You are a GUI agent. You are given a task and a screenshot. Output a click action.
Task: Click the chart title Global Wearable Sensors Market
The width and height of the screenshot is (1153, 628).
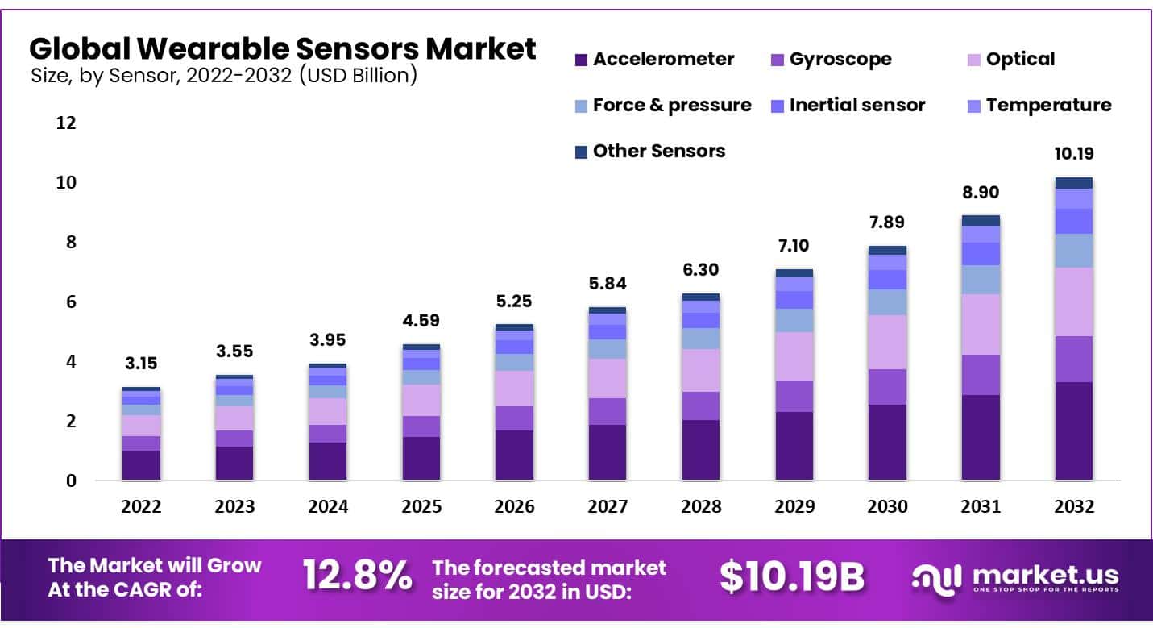point(282,49)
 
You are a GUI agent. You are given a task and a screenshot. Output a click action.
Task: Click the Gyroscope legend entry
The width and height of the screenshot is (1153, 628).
point(830,60)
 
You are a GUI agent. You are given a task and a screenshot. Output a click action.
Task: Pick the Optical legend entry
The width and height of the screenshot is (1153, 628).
point(1010,60)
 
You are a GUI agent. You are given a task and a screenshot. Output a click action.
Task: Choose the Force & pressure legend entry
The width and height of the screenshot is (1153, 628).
point(662,106)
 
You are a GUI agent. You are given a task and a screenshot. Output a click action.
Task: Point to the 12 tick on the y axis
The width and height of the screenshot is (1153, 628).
point(66,123)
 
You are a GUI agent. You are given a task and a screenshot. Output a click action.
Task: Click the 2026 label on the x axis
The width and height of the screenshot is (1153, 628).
point(515,507)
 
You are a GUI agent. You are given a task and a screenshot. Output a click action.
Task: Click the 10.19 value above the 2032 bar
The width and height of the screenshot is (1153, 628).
point(1074,154)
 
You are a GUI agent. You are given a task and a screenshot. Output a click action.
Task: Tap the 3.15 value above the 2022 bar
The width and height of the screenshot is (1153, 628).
point(141,364)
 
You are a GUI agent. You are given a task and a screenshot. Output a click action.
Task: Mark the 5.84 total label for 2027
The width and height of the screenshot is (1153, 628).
point(608,284)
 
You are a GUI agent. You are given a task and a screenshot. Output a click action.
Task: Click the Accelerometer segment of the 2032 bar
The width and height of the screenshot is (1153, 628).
point(1074,431)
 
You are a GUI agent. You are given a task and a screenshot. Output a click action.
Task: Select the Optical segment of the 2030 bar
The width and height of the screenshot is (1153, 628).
point(887,342)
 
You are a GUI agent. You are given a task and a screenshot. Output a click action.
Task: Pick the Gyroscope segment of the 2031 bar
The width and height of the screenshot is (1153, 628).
point(981,375)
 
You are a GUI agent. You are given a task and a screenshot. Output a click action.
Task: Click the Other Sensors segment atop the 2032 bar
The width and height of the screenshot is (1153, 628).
point(1074,183)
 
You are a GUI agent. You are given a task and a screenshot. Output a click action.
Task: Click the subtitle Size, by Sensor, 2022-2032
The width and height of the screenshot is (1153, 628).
point(223,77)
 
